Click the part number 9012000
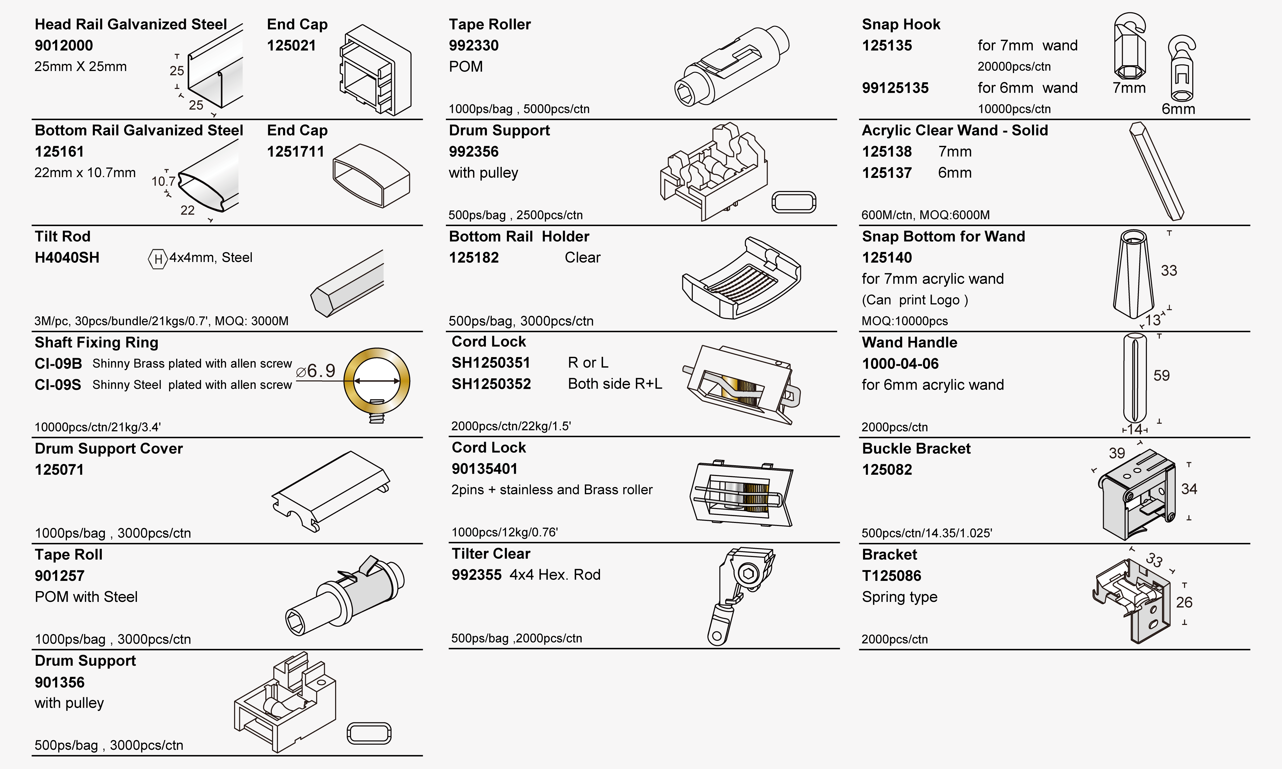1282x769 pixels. coord(64,46)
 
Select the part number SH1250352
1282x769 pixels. coord(491,384)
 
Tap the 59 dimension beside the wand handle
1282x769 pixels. coord(1161,376)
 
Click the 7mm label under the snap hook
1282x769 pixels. coord(1129,88)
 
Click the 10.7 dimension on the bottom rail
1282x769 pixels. coord(163,181)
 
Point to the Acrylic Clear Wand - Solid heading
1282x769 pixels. coord(955,130)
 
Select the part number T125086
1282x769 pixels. coord(891,576)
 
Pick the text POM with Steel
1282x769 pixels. coord(86,597)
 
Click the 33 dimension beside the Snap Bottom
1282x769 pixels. coord(1168,270)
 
